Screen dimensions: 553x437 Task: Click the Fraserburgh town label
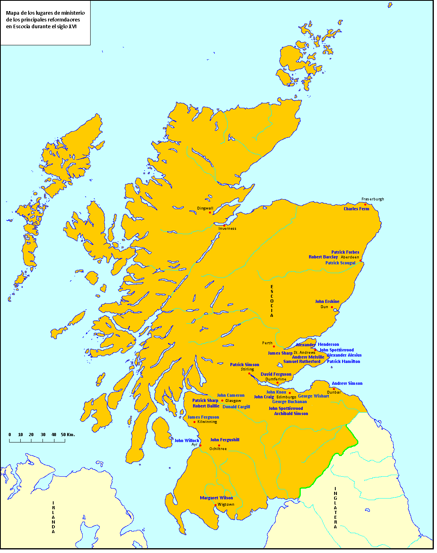tap(373, 199)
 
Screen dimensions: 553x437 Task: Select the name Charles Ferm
tap(356, 209)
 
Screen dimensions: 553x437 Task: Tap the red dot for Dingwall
tap(210, 213)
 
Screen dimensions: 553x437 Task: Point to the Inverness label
tap(227, 229)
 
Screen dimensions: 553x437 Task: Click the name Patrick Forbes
tap(345, 252)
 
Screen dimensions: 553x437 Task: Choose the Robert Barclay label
tap(323, 257)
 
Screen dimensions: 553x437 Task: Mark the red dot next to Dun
tap(332, 307)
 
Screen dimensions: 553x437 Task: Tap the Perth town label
tap(267, 343)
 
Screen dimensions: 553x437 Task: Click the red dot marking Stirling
tap(249, 374)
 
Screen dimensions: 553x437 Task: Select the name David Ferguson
tap(276, 374)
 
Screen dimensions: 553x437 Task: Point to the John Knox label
tap(276, 392)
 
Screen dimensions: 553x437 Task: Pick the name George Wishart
tap(313, 396)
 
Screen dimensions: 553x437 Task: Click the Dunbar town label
tap(334, 392)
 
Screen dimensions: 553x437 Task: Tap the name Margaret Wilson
tap(217, 498)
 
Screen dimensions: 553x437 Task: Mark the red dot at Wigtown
tap(215, 505)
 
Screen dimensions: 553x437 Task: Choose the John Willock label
tap(187, 440)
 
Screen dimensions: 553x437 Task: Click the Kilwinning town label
tap(207, 422)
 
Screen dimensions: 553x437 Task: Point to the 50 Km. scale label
tap(68, 435)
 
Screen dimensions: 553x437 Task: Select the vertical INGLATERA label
tap(336, 508)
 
